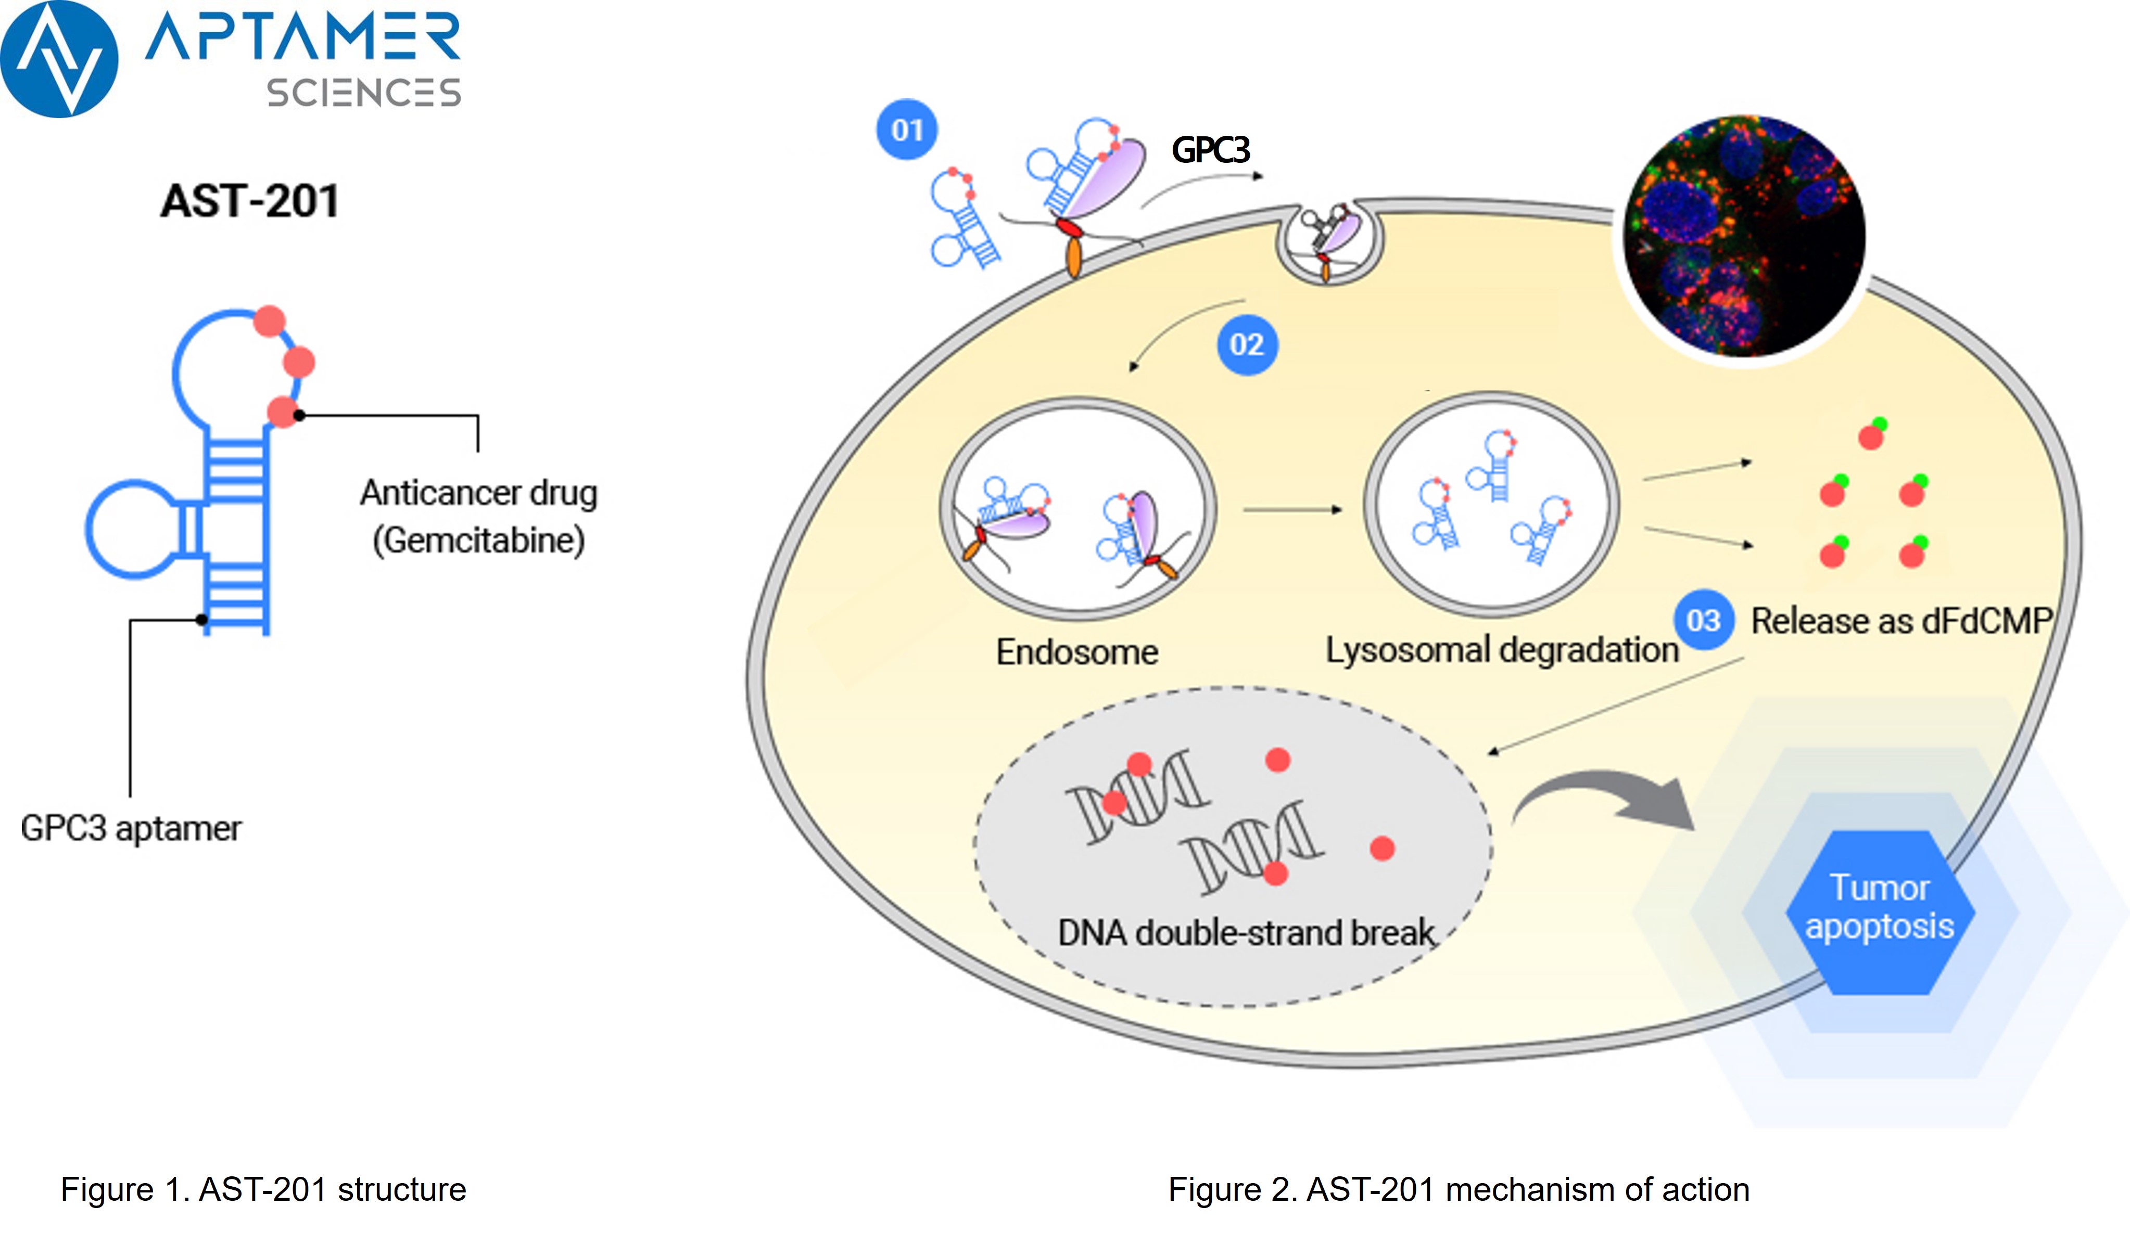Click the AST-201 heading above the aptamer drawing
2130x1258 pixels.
tap(250, 202)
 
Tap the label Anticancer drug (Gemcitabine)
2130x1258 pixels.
tap(479, 516)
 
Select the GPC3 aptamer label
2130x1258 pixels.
tap(131, 828)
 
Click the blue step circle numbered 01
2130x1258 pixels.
tap(906, 130)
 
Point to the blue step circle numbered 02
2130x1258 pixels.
tap(1247, 345)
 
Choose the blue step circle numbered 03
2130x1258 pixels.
tap(1704, 621)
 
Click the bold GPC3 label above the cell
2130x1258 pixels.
tap(1211, 150)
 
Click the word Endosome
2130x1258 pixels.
tap(1077, 652)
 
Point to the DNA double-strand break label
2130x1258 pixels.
tap(1247, 932)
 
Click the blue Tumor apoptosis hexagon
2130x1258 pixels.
tap(1880, 912)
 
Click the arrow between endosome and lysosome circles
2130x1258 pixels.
tap(1292, 509)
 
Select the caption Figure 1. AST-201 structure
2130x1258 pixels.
tap(263, 1189)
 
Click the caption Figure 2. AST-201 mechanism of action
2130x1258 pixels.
tap(1459, 1189)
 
